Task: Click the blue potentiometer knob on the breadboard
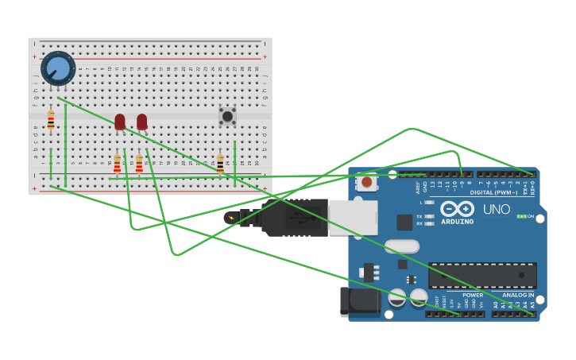[58, 68]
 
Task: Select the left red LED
[120, 122]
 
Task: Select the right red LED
[141, 122]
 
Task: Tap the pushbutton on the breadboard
[227, 116]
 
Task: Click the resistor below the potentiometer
[51, 120]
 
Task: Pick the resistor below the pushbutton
[220, 164]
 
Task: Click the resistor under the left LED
[118, 164]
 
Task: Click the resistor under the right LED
[139, 164]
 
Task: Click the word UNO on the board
[497, 209]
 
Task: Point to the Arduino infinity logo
[457, 209]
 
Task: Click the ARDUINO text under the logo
[457, 222]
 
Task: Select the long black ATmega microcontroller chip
[482, 275]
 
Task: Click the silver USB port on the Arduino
[353, 217]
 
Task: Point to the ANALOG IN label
[518, 295]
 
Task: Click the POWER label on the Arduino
[472, 295]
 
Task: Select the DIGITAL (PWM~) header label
[493, 192]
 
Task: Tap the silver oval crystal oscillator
[401, 246]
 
